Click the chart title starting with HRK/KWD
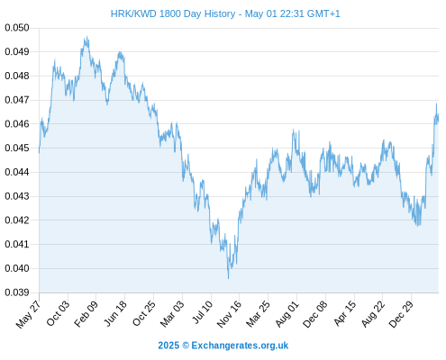[x=225, y=13]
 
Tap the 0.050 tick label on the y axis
[x=17, y=28]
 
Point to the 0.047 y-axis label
[x=17, y=100]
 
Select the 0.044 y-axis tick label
[x=17, y=172]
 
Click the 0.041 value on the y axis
[x=17, y=244]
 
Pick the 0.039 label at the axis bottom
[x=17, y=292]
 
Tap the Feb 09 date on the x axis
[x=86, y=314]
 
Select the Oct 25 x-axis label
[x=144, y=313]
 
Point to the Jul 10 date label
[x=203, y=312]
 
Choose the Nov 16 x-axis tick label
[x=229, y=314]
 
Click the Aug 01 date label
[x=287, y=314]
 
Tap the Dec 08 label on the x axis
[x=315, y=314]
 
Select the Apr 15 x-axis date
[x=345, y=313]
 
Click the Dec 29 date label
[x=401, y=314]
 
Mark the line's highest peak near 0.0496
[x=87, y=37]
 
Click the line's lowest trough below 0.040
[x=228, y=278]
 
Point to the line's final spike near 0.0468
[x=436, y=103]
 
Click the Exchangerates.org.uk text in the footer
[x=240, y=346]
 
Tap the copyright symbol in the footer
[x=186, y=346]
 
